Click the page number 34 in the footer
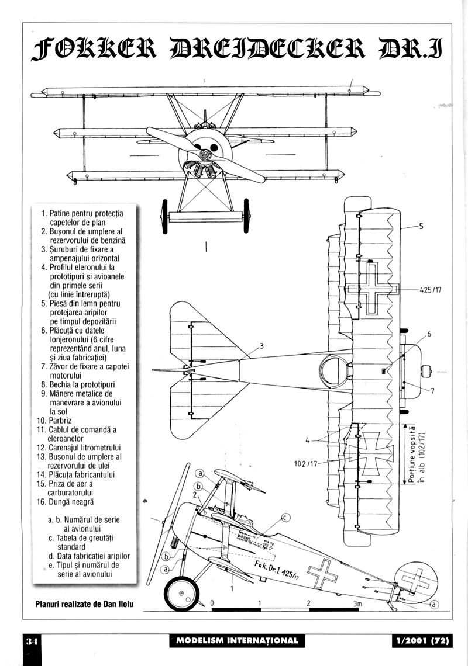click(x=31, y=641)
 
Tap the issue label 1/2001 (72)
click(x=421, y=641)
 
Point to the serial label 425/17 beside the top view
click(x=433, y=289)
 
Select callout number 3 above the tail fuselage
click(x=261, y=346)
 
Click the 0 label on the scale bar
click(x=212, y=603)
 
